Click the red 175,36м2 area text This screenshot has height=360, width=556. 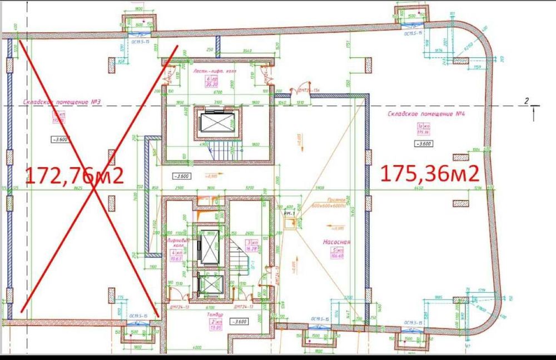point(430,173)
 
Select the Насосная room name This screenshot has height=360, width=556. point(335,242)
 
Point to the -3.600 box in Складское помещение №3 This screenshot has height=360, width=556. point(59,139)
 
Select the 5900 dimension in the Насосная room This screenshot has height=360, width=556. point(319,188)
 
